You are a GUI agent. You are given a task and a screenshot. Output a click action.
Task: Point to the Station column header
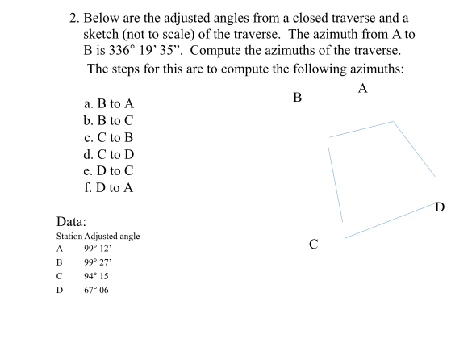69,236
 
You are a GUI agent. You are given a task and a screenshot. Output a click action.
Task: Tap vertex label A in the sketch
363,88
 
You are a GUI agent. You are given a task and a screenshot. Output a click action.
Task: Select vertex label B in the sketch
297,98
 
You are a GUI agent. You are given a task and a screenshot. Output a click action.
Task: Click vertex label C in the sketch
313,243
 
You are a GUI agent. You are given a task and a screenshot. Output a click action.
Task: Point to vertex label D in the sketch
440,207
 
